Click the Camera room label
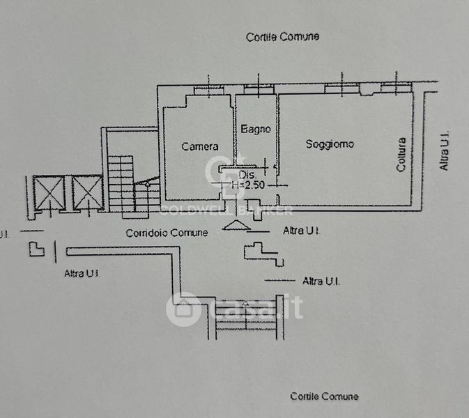pyautogui.click(x=200, y=146)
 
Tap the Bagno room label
pyautogui.click(x=255, y=130)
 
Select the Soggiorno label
pyautogui.click(x=330, y=144)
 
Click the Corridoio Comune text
pyautogui.click(x=167, y=233)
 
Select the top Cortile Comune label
pyautogui.click(x=282, y=37)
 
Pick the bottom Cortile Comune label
pyautogui.click(x=324, y=396)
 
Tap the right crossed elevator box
pyautogui.click(x=87, y=193)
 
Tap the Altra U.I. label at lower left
pyautogui.click(x=82, y=274)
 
